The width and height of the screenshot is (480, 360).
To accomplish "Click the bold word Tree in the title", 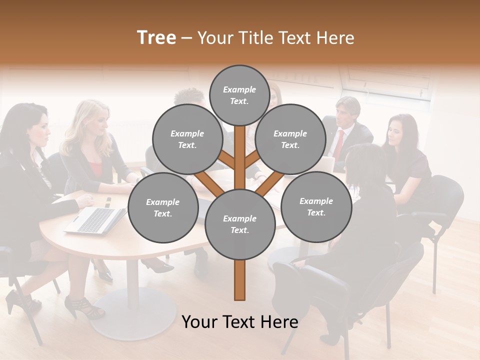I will (x=156, y=38).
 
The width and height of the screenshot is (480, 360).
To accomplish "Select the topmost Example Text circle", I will (x=239, y=95).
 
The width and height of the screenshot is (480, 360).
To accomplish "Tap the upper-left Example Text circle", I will (x=187, y=139).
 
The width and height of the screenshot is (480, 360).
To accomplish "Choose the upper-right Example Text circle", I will (x=290, y=139).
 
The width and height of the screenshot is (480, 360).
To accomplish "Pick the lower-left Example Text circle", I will (x=163, y=207).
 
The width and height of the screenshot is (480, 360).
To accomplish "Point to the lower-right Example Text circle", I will (x=316, y=206).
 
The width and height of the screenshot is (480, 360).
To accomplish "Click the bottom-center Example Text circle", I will (x=239, y=224).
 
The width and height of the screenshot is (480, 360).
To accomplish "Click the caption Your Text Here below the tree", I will (x=239, y=322).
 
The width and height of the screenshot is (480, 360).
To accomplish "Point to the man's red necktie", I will (x=339, y=145).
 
